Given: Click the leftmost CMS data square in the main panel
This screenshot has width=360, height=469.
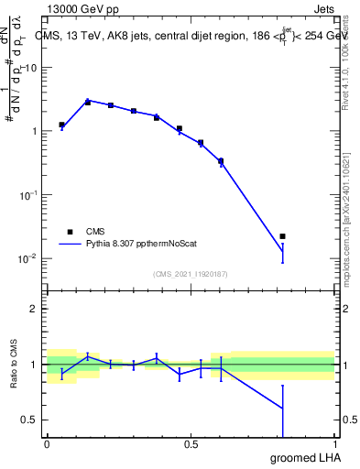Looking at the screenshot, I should (61, 125).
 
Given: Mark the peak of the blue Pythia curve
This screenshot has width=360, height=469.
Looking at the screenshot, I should (87, 101).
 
